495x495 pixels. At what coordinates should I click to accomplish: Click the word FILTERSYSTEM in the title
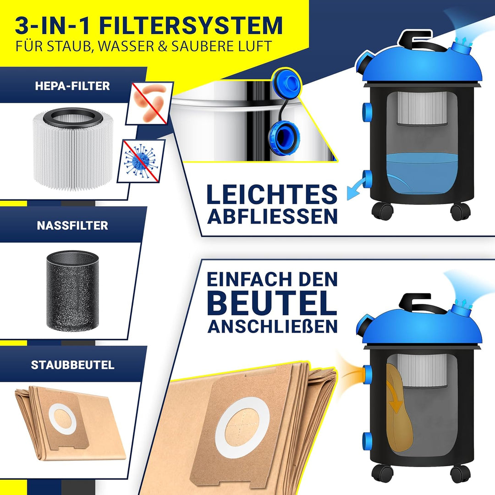click(x=191, y=25)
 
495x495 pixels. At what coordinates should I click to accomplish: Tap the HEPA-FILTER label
click(x=72, y=86)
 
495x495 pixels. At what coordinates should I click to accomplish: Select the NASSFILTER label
click(x=72, y=225)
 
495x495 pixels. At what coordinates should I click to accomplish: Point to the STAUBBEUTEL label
click(x=72, y=365)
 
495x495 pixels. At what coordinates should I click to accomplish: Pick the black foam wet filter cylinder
click(x=72, y=290)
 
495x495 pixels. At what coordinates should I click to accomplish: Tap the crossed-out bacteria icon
click(x=149, y=103)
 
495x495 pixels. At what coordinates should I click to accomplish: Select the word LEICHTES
click(x=272, y=194)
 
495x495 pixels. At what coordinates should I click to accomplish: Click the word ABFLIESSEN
click(x=272, y=216)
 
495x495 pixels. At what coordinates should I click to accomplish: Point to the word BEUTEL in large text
click(x=272, y=302)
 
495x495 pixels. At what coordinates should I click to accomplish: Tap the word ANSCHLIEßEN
click(x=272, y=326)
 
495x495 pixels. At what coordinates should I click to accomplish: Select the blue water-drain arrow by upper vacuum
click(x=356, y=189)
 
